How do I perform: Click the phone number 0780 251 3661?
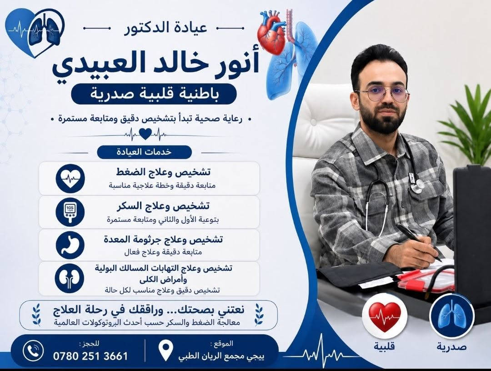click(90, 356)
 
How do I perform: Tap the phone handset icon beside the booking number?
click(33, 351)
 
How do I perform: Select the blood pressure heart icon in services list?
click(70, 179)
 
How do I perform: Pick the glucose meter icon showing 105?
click(70, 212)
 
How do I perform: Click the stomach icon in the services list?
click(70, 246)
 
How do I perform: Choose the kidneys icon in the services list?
click(70, 278)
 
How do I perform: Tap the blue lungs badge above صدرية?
click(452, 316)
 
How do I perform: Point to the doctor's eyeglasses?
click(383, 95)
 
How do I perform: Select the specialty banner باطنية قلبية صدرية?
click(154, 94)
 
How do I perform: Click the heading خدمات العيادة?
click(144, 152)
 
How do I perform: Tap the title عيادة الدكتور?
click(166, 28)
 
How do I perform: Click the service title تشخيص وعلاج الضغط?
click(163, 172)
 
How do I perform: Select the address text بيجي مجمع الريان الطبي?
click(221, 356)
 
